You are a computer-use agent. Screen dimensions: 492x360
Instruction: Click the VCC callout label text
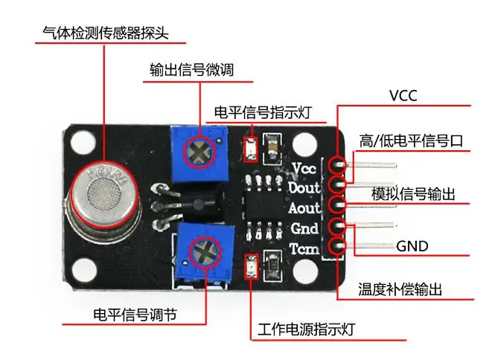pos(403,95)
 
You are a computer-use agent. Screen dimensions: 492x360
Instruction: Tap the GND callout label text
pos(412,246)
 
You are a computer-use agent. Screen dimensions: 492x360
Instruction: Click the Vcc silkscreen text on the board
pos(304,168)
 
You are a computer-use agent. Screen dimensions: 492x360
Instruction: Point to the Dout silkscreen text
pos(304,188)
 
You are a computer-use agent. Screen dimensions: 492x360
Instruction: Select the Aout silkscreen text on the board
pos(304,208)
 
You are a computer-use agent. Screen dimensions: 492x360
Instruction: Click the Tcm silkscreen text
pos(304,249)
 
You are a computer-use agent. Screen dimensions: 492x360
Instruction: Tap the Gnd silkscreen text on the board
pos(304,228)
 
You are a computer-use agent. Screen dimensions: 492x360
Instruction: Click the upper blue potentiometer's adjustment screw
pos(199,152)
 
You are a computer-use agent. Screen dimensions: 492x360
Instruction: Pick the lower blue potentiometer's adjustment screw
pos(205,253)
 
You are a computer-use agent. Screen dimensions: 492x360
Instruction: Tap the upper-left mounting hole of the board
pos(83,143)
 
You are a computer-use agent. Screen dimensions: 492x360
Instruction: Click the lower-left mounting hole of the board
pos(83,270)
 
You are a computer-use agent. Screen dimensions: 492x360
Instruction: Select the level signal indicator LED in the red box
pos(251,150)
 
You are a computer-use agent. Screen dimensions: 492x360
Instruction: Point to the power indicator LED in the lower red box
pos(252,266)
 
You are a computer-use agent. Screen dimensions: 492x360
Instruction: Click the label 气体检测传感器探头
pos(106,33)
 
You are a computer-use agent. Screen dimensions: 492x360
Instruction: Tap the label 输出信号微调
pos(192,70)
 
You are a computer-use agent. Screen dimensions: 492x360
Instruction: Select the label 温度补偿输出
pos(400,289)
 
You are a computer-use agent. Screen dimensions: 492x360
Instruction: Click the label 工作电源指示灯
pos(306,330)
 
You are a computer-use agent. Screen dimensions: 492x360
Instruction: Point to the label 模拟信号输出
pos(413,194)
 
